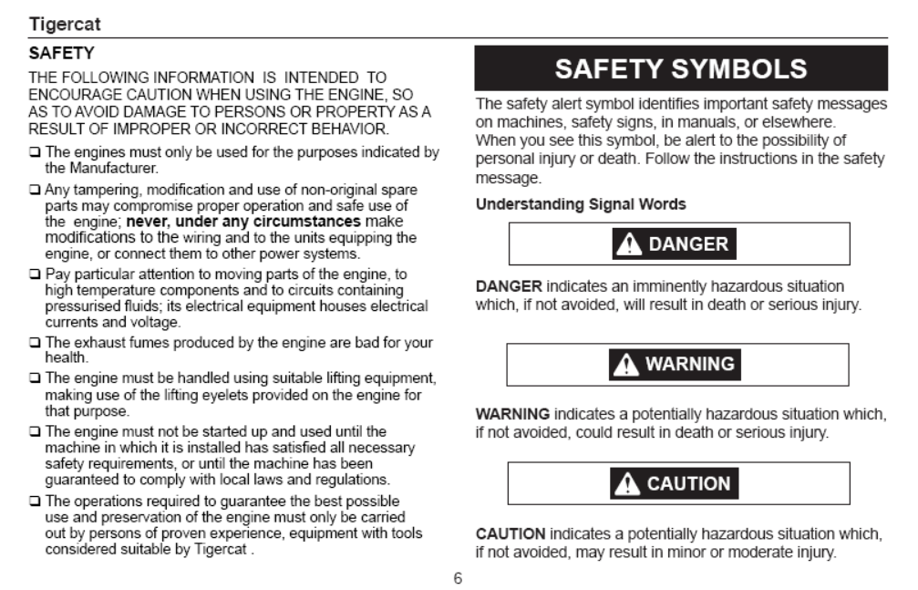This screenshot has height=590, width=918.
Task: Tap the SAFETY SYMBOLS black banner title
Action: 680,67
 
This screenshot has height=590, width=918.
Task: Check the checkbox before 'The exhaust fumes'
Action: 36,344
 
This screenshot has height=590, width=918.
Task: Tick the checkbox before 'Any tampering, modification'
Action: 36,190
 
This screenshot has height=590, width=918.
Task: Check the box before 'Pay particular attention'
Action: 36,274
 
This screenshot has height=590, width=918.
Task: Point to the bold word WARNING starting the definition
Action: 513,415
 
